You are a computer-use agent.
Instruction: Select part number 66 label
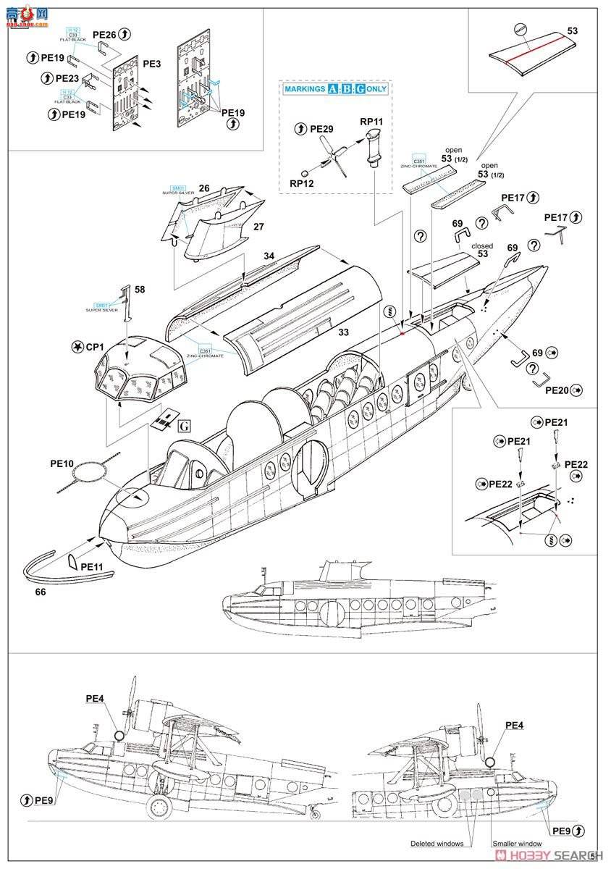[x=40, y=592]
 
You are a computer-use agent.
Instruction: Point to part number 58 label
[x=140, y=290]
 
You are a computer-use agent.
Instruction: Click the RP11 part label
[x=371, y=122]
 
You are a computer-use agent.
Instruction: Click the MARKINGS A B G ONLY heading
[x=335, y=89]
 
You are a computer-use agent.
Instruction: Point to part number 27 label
[x=259, y=226]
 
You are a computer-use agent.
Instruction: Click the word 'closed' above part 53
[x=482, y=246]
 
